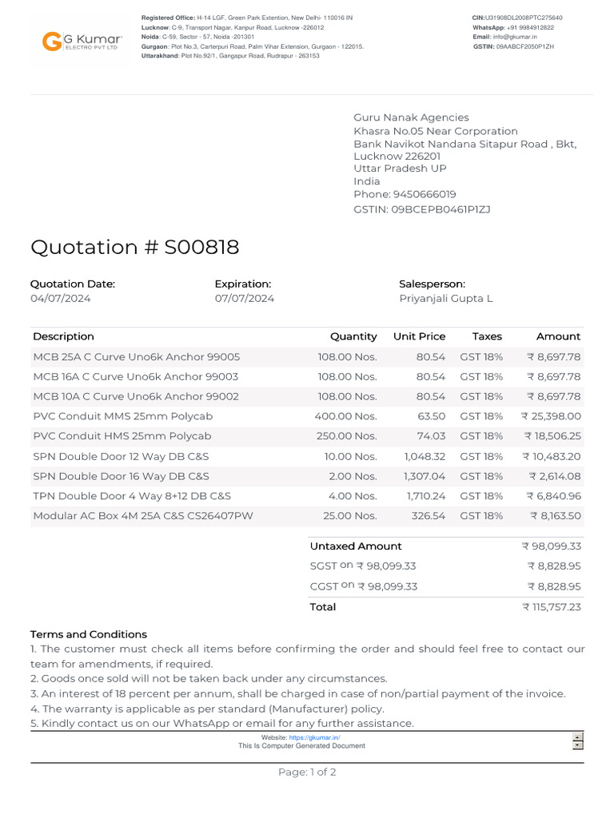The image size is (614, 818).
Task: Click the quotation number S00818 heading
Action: point(134,248)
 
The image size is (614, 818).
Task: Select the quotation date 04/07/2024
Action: point(61,299)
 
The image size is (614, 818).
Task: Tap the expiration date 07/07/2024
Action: point(244,299)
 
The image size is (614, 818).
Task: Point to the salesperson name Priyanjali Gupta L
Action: point(445,299)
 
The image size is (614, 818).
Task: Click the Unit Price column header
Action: point(419,336)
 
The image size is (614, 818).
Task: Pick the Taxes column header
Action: point(487,336)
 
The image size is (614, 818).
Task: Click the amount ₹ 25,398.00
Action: point(551,416)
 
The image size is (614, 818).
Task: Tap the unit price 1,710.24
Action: point(426,496)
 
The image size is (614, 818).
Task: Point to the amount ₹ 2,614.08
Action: point(554,476)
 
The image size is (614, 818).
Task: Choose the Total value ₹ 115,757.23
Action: point(551,607)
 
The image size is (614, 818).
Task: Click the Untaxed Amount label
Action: point(356,546)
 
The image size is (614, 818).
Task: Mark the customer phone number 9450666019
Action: point(424,194)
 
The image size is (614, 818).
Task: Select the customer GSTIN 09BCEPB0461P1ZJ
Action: point(440,209)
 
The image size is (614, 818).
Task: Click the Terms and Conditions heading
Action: point(89,634)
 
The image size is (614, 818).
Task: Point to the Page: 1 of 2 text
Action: point(307,772)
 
